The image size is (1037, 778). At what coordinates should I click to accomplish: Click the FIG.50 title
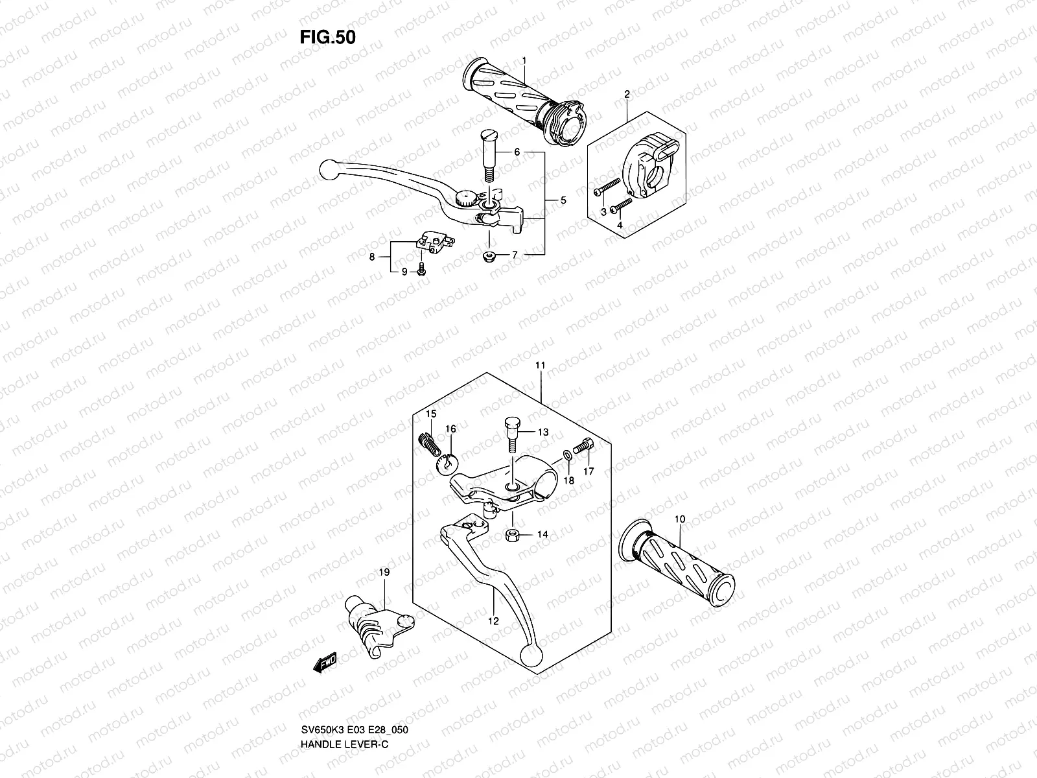click(x=328, y=38)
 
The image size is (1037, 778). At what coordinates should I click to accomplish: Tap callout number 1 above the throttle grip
click(x=524, y=60)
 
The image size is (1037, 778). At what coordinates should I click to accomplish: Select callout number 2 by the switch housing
click(x=627, y=94)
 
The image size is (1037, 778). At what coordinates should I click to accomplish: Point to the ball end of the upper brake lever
click(x=329, y=171)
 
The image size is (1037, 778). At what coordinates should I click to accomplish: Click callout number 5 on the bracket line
click(x=563, y=200)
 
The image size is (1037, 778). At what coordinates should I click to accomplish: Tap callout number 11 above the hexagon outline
click(x=540, y=366)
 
